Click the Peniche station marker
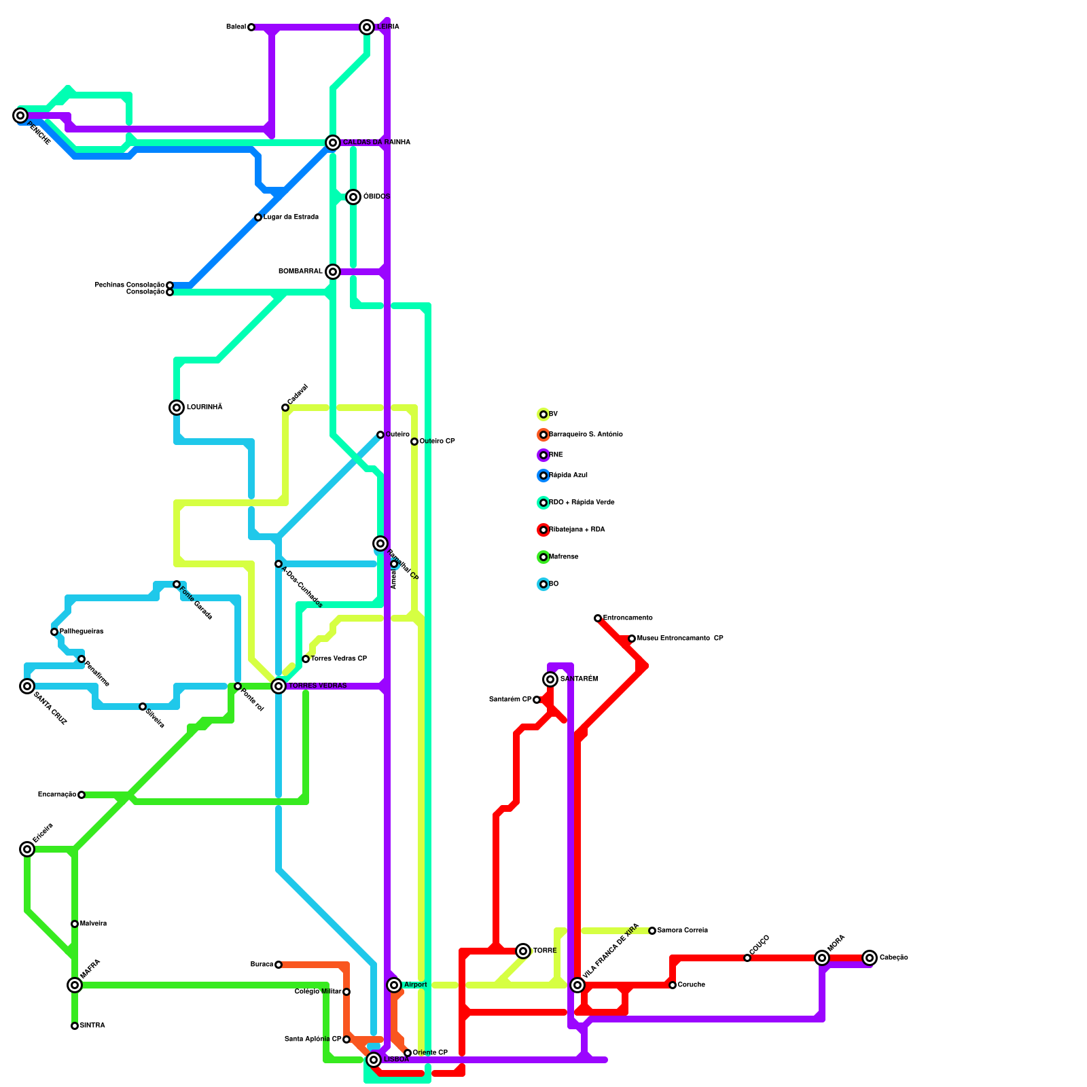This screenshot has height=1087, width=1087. click(20, 115)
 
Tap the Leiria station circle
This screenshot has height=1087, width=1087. click(367, 27)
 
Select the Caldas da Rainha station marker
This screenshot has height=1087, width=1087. click(333, 143)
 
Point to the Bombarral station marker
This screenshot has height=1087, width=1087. click(333, 272)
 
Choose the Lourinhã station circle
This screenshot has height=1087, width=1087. click(177, 408)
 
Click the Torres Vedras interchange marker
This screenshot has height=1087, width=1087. click(279, 686)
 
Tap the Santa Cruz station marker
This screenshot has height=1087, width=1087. click(27, 686)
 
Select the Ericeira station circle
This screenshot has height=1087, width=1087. click(27, 849)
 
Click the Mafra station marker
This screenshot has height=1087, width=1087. click(75, 985)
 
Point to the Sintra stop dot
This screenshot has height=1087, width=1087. click(75, 1026)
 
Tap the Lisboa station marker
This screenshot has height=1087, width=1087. click(374, 1060)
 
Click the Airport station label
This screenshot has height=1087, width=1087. click(416, 985)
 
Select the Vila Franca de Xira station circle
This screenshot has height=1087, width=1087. click(577, 985)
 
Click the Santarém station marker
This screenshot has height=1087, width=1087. click(550, 679)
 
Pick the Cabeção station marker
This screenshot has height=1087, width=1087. click(870, 958)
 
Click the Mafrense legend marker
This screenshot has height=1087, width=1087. click(543, 557)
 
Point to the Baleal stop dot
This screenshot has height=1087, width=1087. click(251, 27)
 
